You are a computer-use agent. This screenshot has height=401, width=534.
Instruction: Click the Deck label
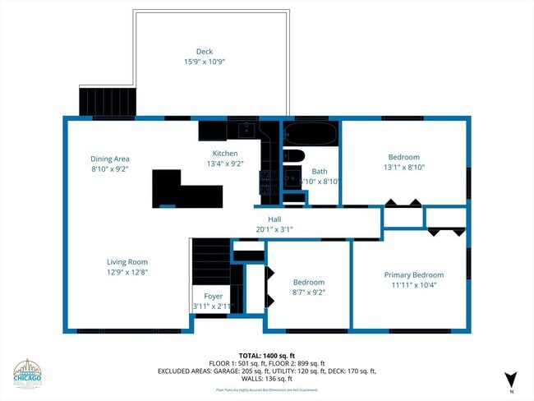click(204, 52)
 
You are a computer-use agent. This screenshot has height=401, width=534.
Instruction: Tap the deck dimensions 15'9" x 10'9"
click(204, 62)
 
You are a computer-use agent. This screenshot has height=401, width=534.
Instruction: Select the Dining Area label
click(110, 159)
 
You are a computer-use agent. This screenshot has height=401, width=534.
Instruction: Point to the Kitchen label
click(225, 154)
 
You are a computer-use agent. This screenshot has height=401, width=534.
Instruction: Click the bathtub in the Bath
click(310, 132)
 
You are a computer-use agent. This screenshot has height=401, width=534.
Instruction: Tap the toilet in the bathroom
click(294, 155)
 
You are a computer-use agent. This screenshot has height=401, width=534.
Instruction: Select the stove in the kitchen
click(268, 181)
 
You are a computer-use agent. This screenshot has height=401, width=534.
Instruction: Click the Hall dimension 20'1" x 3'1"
click(274, 229)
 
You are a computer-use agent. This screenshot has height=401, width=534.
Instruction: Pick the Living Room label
click(127, 262)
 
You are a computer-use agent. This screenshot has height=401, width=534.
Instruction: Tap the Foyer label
click(213, 296)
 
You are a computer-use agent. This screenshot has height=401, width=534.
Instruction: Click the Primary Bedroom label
click(414, 275)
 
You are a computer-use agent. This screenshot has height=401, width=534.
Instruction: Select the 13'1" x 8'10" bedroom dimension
click(403, 168)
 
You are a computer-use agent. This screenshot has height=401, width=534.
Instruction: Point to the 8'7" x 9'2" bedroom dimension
click(309, 292)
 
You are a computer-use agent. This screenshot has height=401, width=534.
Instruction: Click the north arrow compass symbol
click(510, 379)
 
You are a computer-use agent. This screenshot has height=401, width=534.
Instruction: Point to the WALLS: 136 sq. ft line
click(267, 379)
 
